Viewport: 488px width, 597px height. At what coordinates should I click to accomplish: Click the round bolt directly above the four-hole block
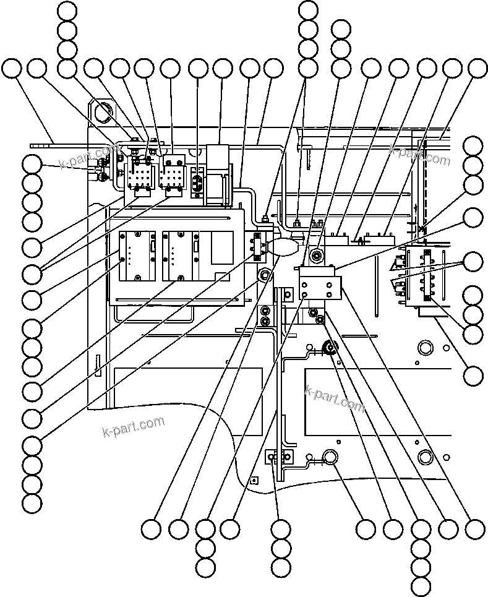pyautogui.click(x=317, y=254)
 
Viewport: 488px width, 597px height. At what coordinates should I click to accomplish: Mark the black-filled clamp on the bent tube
pyautogui.click(x=328, y=348)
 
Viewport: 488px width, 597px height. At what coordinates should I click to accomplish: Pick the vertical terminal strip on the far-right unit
pyautogui.click(x=426, y=277)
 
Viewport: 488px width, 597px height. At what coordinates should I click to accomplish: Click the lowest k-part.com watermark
pyautogui.click(x=133, y=426)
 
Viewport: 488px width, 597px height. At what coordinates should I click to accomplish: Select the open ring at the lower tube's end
pyautogui.click(x=330, y=457)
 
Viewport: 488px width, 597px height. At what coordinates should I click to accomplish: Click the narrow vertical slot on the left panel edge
pyautogui.click(x=96, y=364)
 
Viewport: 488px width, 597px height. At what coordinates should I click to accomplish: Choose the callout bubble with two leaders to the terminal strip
pyautogui.click(x=473, y=261)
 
